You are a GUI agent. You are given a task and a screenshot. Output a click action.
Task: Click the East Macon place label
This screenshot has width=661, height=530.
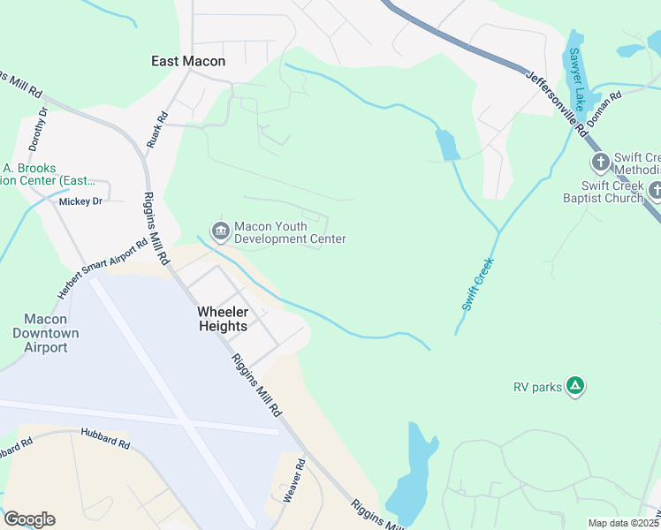coord(188,61)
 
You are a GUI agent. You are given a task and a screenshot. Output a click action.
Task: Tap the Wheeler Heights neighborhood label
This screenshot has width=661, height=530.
coord(223,319)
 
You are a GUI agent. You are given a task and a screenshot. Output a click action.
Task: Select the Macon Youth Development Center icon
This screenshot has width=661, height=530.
coord(219,231)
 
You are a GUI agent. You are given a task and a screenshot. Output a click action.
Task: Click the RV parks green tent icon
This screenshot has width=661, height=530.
coord(574,385)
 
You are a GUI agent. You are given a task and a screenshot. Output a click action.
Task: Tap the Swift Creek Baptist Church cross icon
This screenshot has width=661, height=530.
coord(655,190)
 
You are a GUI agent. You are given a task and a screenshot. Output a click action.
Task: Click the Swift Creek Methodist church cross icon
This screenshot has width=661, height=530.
coord(600,162)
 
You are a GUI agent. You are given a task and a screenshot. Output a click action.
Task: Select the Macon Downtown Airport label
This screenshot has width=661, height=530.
coord(45,333)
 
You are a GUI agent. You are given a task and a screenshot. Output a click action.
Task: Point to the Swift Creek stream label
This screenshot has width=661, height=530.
coord(476,284)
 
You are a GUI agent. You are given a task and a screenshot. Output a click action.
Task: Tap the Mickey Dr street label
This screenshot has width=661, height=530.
coord(80,201)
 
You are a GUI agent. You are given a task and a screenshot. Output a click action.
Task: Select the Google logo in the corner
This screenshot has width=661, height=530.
coord(29,519)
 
